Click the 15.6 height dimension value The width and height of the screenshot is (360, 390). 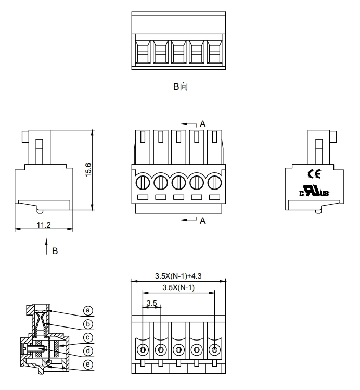[x=88, y=170]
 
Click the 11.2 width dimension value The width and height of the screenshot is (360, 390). [x=43, y=224]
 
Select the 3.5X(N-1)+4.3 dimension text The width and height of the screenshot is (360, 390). [x=178, y=276]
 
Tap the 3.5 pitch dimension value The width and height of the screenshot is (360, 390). [x=151, y=303]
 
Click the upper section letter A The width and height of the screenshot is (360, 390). [x=203, y=124]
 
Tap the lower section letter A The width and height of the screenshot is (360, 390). [x=203, y=221]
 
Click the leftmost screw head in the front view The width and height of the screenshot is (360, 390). [x=143, y=182]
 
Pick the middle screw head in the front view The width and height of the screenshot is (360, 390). [x=178, y=182]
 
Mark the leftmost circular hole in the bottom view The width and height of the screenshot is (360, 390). [x=143, y=349]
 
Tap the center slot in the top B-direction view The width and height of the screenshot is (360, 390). [x=178, y=52]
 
